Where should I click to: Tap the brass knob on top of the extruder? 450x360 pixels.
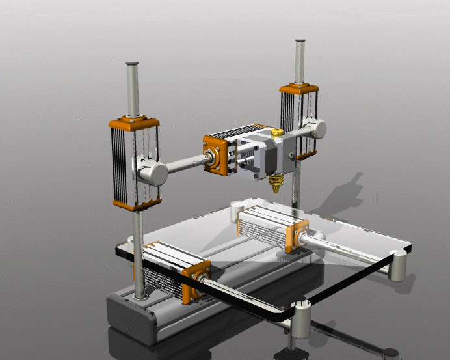click(277, 133)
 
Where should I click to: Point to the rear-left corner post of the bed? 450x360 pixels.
click(235, 210)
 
